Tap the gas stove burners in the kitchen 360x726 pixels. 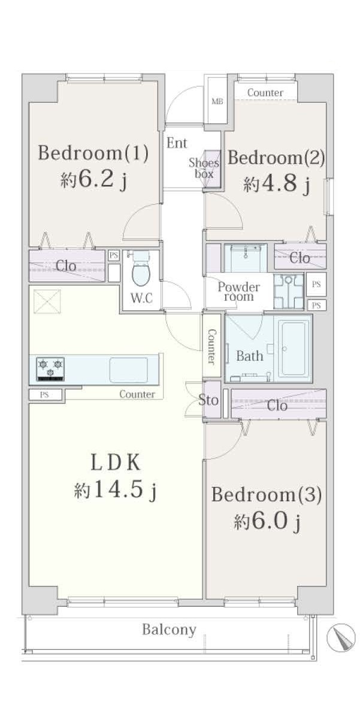50,369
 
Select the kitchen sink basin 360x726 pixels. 129,370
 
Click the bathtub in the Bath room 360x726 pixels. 294,349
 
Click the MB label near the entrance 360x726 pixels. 217,101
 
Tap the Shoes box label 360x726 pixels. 204,168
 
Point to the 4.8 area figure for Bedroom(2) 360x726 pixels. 280,183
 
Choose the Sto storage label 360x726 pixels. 208,400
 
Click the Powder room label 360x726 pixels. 239,292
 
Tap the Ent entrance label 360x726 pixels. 177,143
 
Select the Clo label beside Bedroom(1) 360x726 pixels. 66,266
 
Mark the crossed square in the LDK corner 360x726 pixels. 47,301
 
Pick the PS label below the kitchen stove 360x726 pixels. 44,395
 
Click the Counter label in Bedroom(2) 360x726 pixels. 265,93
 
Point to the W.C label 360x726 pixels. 141,298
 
